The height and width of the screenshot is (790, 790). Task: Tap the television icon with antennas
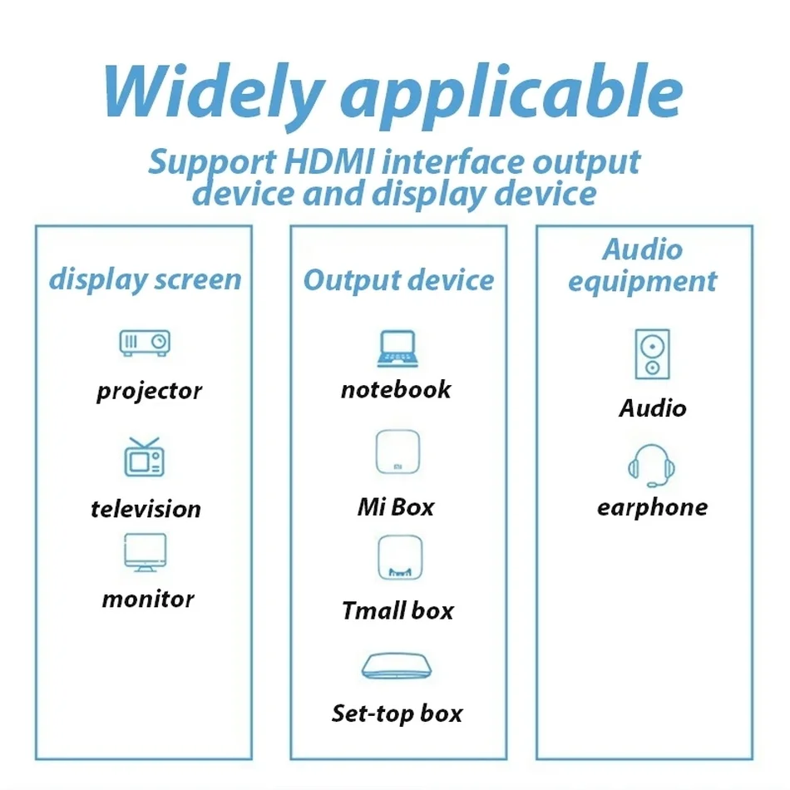[145, 457]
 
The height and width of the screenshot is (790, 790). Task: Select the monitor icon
[145, 553]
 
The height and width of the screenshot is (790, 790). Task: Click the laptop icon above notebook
[397, 349]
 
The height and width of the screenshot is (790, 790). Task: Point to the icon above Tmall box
[397, 558]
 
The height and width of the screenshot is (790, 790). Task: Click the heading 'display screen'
[145, 279]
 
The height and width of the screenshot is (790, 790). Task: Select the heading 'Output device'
[398, 280]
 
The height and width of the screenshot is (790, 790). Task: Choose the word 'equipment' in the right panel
[642, 281]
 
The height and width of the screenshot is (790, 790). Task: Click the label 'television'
[146, 508]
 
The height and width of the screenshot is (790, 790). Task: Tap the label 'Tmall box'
[397, 611]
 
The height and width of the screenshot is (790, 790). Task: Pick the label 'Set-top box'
[397, 713]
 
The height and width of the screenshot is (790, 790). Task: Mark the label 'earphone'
[652, 507]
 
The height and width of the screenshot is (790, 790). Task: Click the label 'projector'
[149, 390]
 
